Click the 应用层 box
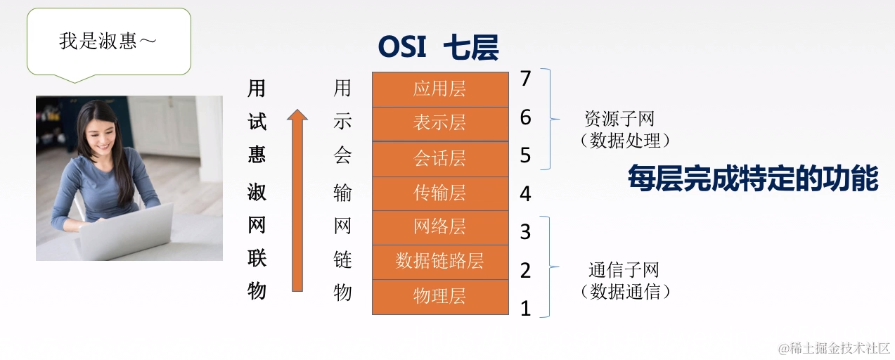click(x=439, y=89)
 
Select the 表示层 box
click(x=439, y=124)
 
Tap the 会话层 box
click(x=439, y=158)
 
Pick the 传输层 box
click(x=439, y=193)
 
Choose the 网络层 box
click(x=439, y=227)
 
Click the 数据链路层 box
click(x=439, y=262)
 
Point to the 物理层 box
click(x=439, y=296)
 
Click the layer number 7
click(x=525, y=79)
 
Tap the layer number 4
click(x=525, y=193)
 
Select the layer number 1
click(x=525, y=308)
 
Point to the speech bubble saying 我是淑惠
click(x=108, y=41)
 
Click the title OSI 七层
click(x=438, y=48)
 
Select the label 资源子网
click(x=619, y=118)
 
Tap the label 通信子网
click(x=623, y=270)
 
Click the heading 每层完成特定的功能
click(x=753, y=179)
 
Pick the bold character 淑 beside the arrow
click(x=257, y=191)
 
